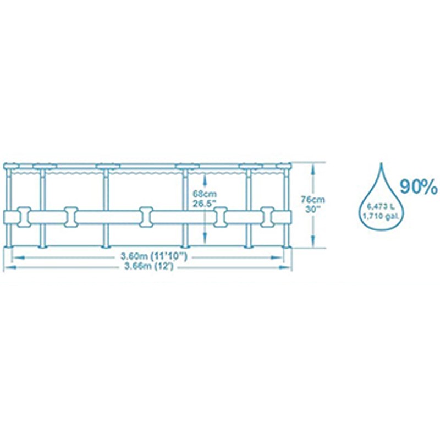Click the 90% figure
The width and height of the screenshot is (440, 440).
pos(419,188)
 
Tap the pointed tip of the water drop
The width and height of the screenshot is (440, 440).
pos(382,164)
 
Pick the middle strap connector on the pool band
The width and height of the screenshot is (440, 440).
pos(145,216)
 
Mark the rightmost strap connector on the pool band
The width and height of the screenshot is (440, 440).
pos(268,216)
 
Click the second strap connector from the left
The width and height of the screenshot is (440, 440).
pos(70,216)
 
